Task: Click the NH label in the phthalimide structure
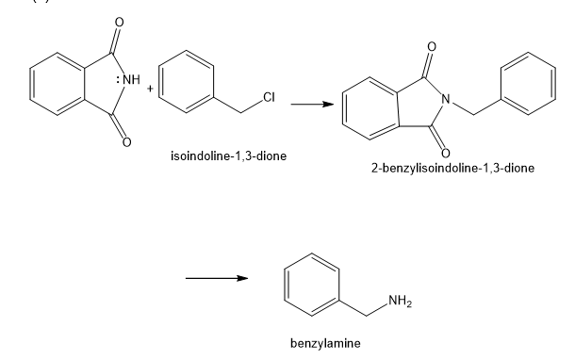[x=132, y=79]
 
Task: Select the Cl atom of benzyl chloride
[x=269, y=97]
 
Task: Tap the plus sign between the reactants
[x=150, y=89]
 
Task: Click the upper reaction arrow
[x=312, y=104]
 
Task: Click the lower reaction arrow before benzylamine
[x=217, y=278]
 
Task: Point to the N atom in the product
[x=446, y=99]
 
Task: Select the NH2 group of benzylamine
[x=400, y=301]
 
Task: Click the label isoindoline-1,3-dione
[x=228, y=155]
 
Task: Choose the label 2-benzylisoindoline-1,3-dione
[x=452, y=168]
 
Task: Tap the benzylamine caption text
[x=325, y=343]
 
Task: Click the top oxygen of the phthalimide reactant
[x=119, y=23]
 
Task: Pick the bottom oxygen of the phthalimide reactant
[x=126, y=142]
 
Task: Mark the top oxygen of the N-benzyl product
[x=432, y=46]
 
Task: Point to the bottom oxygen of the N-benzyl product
[x=445, y=153]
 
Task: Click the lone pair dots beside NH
[x=118, y=79]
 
